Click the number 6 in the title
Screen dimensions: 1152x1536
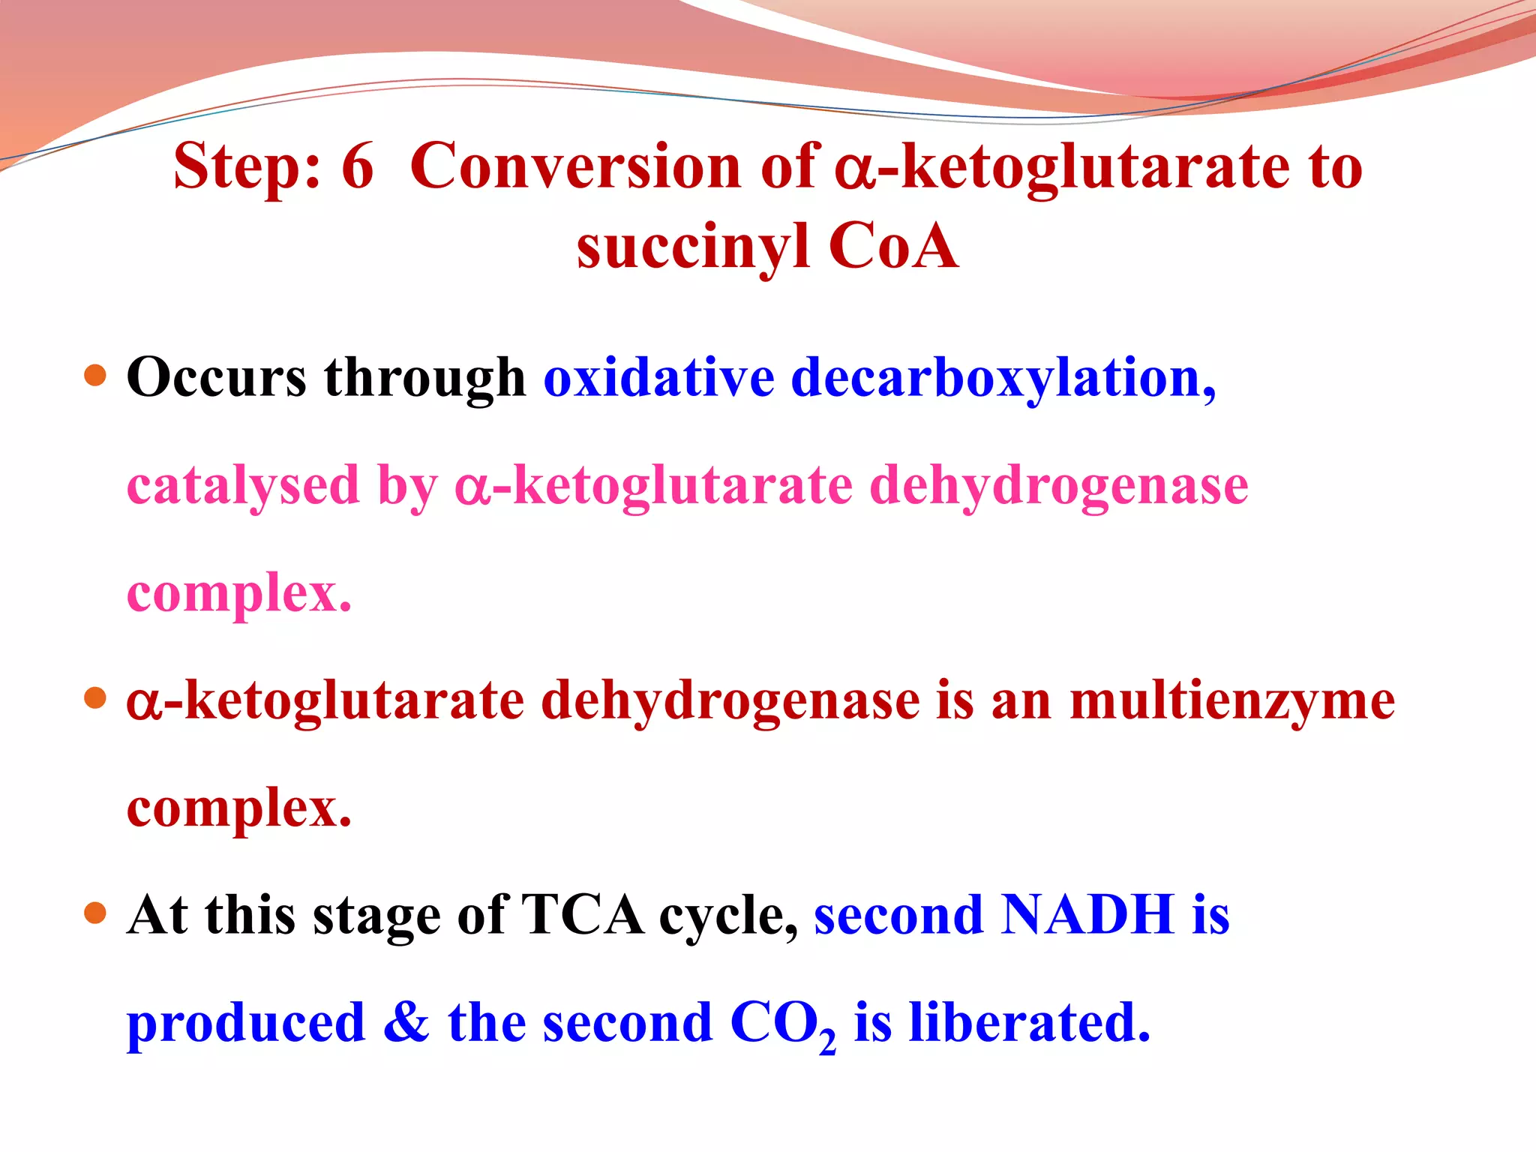(x=357, y=166)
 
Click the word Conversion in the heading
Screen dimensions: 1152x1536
(x=575, y=166)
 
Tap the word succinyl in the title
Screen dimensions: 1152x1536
(x=693, y=247)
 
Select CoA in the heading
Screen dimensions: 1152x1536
(x=892, y=247)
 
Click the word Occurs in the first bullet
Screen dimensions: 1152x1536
(x=217, y=377)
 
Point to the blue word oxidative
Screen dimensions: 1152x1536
(x=658, y=377)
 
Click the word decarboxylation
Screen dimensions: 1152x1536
(x=1002, y=377)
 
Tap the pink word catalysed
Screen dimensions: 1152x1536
(x=243, y=486)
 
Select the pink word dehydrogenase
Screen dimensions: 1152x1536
(x=1058, y=486)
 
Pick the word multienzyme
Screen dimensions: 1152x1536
(x=1231, y=701)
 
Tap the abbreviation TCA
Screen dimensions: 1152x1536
(x=582, y=916)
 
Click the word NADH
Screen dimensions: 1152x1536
(x=1087, y=916)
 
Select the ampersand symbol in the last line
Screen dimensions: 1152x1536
(x=406, y=1023)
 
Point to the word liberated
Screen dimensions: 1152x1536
(x=1029, y=1023)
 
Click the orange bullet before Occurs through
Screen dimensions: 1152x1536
(x=95, y=375)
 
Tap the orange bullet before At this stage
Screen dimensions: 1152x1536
(x=95, y=913)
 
